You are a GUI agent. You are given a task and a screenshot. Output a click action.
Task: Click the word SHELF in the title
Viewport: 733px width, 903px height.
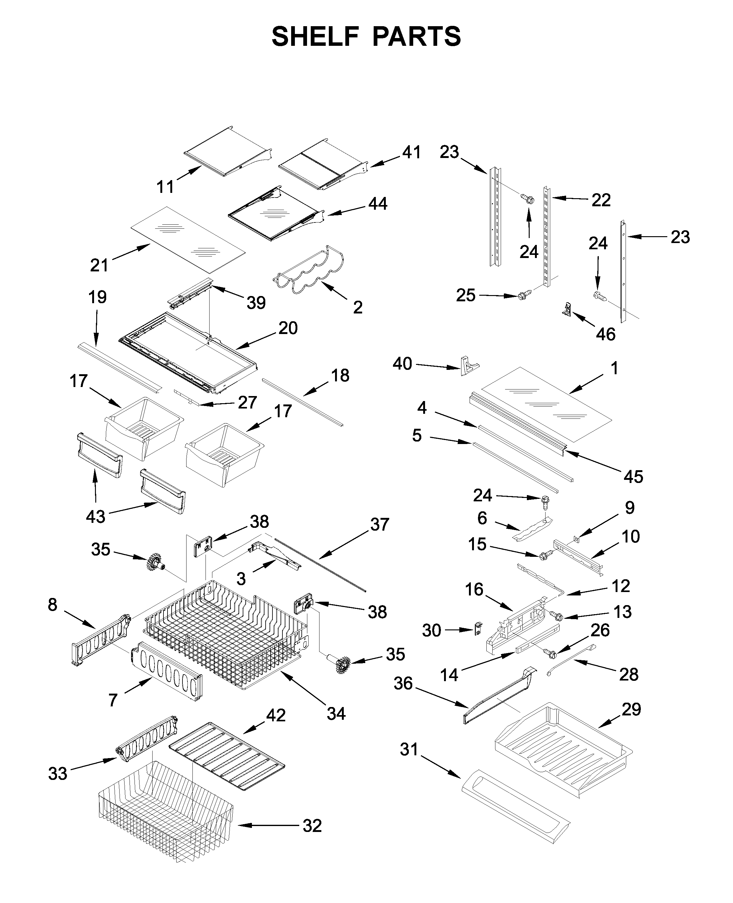tap(315, 37)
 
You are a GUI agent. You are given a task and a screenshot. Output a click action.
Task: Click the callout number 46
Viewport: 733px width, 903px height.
tap(605, 334)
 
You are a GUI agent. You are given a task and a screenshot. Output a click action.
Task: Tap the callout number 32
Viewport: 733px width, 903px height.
tap(312, 825)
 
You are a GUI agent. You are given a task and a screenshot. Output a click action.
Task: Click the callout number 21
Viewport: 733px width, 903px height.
tap(99, 265)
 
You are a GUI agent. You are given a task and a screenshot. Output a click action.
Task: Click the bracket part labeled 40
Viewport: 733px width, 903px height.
tap(468, 365)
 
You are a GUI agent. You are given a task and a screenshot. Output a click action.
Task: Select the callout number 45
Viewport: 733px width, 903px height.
tap(633, 477)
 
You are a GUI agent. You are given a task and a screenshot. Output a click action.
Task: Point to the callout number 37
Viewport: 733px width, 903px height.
tap(379, 524)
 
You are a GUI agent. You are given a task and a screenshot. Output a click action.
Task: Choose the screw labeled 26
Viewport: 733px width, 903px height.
tap(551, 654)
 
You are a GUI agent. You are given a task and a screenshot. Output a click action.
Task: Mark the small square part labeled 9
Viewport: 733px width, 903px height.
tap(577, 539)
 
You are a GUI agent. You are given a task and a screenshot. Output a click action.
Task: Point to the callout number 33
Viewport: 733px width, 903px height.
tap(58, 774)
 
